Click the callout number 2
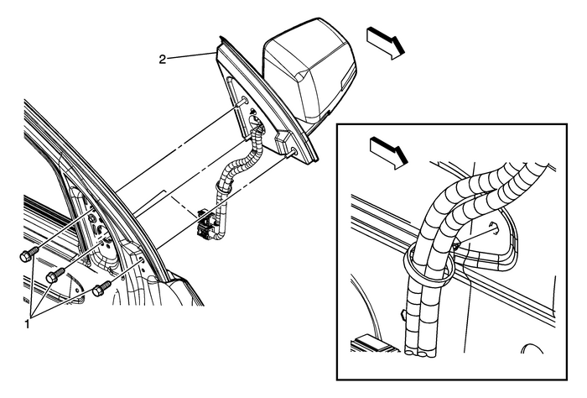[164, 59]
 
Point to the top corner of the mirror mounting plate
[221, 38]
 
